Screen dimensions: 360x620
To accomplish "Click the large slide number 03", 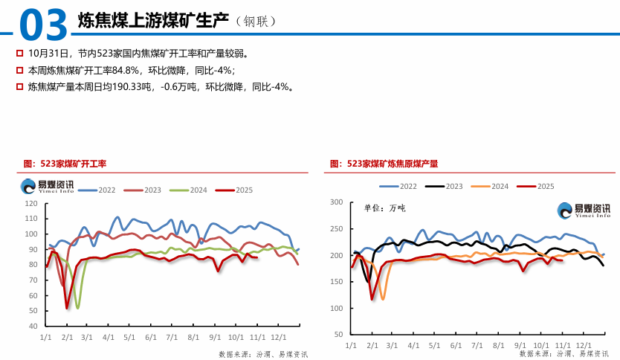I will tap(44, 24).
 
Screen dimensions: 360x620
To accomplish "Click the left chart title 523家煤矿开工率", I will tap(65, 164).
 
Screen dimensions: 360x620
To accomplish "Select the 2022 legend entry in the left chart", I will tap(101, 190).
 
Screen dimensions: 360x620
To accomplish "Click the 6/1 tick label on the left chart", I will tap(151, 337).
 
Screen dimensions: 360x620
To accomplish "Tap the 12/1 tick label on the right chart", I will tap(584, 346).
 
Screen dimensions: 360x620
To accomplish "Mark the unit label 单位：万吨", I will tap(384, 208).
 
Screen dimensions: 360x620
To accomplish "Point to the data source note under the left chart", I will tap(263, 354).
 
